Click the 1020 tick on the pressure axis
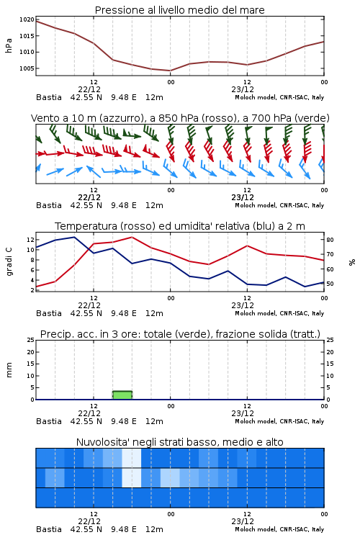coord(27,19)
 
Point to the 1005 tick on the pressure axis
coord(27,68)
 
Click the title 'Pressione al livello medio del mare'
coord(180,10)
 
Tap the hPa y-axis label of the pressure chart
coord(9,45)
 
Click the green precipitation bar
coord(122,395)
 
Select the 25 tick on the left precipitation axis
coord(31,340)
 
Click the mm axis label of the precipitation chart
coord(9,370)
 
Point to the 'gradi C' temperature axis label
coord(9,262)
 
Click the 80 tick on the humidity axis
coord(330,240)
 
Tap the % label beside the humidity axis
coord(352,262)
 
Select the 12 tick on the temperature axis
coord(31,239)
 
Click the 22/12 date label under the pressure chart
coord(89,89)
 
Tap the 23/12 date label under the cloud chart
coord(243,521)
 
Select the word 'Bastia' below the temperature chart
coord(49,313)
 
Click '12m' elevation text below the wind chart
coord(154,205)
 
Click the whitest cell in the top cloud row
coord(132,458)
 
